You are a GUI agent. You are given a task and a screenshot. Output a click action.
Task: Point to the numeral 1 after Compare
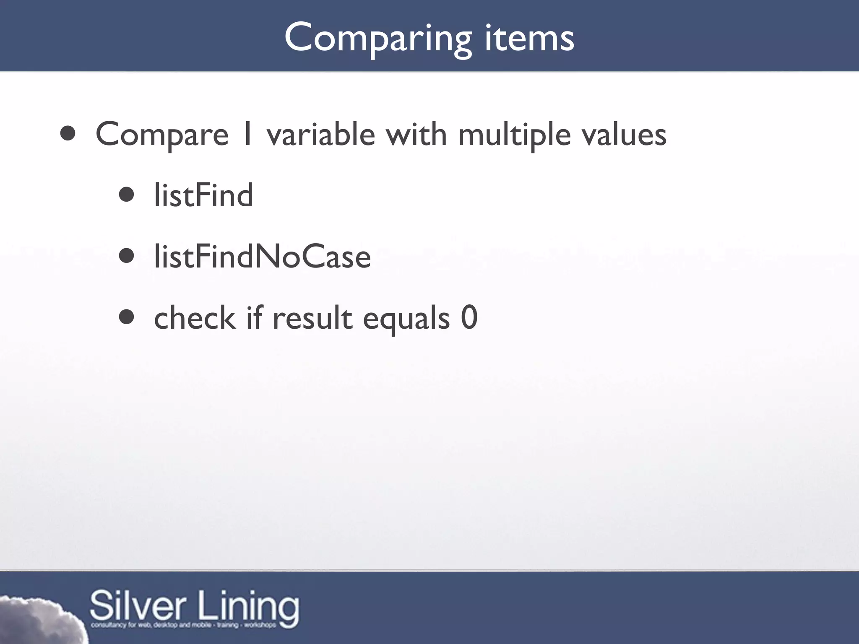(247, 134)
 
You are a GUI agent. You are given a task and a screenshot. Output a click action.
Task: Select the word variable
(321, 134)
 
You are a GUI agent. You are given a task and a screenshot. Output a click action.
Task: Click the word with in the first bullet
(416, 134)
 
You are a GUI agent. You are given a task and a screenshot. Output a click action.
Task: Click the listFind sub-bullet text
(203, 195)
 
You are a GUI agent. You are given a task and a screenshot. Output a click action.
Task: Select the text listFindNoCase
(262, 257)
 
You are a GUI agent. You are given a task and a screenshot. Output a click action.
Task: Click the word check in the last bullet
(195, 318)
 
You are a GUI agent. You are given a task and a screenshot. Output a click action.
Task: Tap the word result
(312, 318)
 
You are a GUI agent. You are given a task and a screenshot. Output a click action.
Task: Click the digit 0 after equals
(469, 318)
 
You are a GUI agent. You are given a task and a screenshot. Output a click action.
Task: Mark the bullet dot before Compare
(68, 134)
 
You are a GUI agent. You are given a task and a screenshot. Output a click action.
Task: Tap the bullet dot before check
(126, 317)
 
